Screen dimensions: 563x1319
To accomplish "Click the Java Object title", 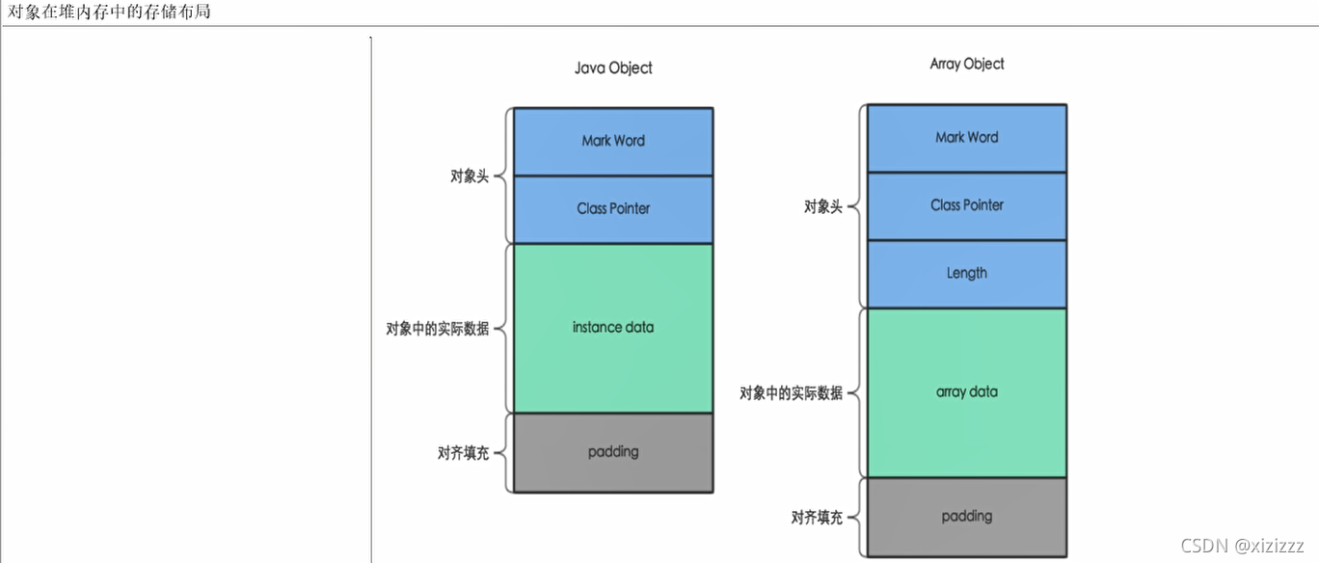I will (613, 67).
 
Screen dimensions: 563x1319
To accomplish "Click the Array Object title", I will (967, 64).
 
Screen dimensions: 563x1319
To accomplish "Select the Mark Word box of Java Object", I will (613, 141).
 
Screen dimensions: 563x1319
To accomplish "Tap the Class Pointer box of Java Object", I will (613, 208).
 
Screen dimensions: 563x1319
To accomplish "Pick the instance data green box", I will (613, 328).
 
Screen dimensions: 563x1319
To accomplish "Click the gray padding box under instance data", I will (613, 452).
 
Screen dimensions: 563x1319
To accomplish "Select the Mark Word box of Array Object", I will (967, 137).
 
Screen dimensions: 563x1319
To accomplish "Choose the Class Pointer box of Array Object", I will (967, 205).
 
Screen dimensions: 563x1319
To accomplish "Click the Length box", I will (967, 273).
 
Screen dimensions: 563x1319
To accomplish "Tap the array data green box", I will (967, 392).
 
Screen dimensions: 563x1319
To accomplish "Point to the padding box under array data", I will (967, 517).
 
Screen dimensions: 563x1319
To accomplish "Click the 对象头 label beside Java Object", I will (470, 177).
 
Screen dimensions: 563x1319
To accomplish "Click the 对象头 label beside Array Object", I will (823, 206).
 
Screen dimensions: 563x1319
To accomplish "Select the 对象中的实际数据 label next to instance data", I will (438, 329).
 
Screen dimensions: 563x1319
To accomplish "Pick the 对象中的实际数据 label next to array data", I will (792, 393).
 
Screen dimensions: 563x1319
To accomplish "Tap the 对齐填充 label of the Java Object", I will (463, 453).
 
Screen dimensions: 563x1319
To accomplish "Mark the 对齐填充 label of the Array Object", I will (817, 518).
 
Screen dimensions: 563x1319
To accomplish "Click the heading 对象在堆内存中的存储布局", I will (109, 12).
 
